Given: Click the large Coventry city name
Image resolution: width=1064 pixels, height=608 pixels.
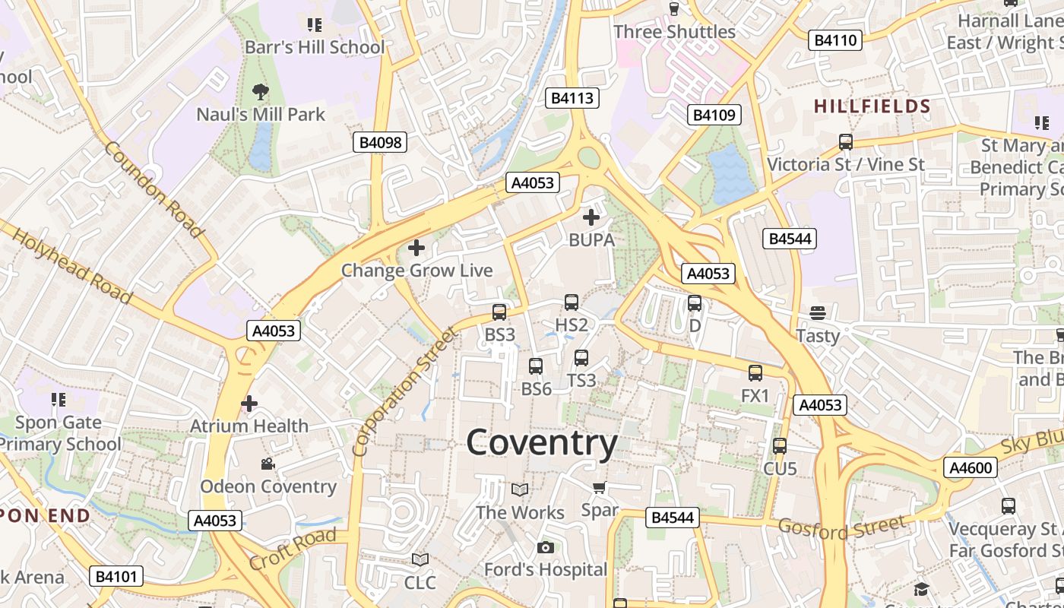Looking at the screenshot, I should [x=541, y=442].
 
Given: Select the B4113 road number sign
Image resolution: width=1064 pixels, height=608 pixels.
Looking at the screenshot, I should [x=572, y=98].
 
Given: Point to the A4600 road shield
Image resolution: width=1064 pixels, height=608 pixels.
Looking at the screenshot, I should [x=971, y=467].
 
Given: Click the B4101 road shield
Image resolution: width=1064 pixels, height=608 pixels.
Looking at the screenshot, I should [x=116, y=576].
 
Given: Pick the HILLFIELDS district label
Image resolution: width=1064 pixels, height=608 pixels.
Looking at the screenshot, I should [x=872, y=106].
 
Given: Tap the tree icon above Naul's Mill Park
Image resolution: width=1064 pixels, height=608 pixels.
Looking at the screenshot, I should [x=261, y=93].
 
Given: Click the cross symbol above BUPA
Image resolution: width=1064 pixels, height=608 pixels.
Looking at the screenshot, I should [x=591, y=217].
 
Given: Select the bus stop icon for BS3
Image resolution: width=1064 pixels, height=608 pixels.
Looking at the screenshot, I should [x=499, y=312].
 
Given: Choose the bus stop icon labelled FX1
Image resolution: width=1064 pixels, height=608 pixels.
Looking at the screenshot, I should [x=755, y=373].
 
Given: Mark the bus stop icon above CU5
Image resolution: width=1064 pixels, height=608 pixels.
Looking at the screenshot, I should [x=780, y=446].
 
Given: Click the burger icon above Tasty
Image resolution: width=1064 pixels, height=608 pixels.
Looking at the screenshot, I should [x=818, y=313].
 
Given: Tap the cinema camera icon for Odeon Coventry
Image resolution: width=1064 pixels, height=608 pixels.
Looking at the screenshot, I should [x=268, y=464].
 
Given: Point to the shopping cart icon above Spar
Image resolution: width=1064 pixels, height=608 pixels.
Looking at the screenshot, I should [x=599, y=487].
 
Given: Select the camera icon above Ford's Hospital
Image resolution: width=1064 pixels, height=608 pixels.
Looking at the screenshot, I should [x=545, y=547].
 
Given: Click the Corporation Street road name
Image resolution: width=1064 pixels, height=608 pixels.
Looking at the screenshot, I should [x=407, y=391].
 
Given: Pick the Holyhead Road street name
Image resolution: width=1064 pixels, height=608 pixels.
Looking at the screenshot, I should [x=72, y=262].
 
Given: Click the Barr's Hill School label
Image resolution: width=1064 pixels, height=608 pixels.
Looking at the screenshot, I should [x=315, y=47].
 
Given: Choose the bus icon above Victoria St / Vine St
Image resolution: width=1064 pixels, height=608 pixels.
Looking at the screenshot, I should [x=845, y=142].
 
